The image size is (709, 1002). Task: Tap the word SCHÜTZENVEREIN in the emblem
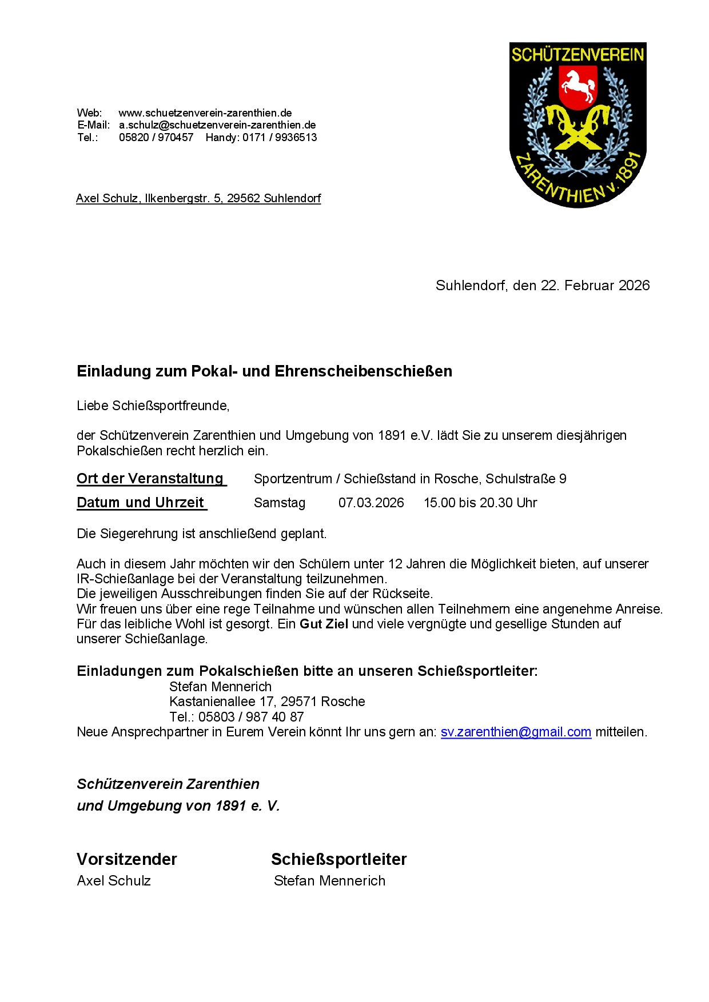(577, 55)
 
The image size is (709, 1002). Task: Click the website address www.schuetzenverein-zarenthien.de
(205, 113)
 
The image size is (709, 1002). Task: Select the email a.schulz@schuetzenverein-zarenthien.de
(217, 125)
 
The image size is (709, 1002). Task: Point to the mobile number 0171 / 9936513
(279, 137)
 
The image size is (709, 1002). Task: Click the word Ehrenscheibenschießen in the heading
(363, 371)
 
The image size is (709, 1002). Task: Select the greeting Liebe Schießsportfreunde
(153, 406)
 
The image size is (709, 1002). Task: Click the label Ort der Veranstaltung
(150, 478)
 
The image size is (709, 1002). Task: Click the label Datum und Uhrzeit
(141, 502)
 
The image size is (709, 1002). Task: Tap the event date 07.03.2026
(371, 503)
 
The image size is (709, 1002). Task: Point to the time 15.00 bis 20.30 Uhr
(480, 503)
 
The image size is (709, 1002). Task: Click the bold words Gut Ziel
(324, 624)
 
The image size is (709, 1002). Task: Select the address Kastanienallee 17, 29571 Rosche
(267, 702)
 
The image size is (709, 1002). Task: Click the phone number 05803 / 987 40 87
(251, 717)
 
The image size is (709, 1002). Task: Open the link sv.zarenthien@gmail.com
(516, 732)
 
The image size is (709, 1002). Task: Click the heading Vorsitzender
(127, 859)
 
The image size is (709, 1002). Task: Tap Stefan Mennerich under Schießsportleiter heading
(329, 881)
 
